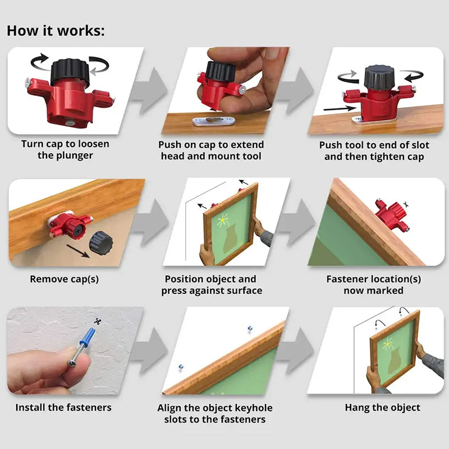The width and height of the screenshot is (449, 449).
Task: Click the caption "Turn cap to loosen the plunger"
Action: (x=65, y=149)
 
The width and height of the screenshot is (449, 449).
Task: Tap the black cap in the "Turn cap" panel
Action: (x=70, y=72)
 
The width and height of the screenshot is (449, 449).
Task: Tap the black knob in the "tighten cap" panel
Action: (x=378, y=77)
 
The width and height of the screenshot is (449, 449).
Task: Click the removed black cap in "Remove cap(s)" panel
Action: (x=101, y=242)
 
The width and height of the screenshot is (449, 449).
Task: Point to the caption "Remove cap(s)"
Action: (x=65, y=279)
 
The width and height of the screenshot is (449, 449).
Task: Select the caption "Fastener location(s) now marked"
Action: (x=374, y=285)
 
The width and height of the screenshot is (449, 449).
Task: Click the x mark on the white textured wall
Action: (x=98, y=320)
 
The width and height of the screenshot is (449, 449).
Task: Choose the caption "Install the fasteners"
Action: (x=63, y=407)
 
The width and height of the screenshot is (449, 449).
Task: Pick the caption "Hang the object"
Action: (x=382, y=407)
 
